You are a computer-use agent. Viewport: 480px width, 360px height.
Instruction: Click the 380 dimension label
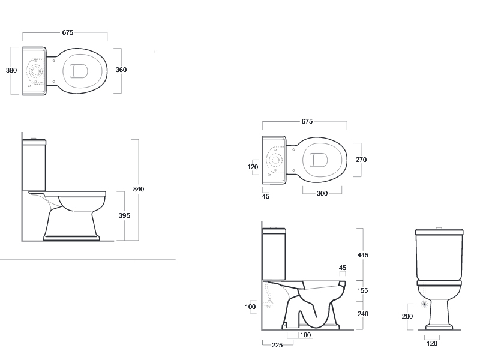[x=11, y=70]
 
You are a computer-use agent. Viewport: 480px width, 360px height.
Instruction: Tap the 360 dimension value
[x=121, y=70]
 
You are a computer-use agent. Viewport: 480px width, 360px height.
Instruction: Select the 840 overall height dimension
[x=139, y=189]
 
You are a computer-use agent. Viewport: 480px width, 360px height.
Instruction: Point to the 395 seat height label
[x=125, y=215]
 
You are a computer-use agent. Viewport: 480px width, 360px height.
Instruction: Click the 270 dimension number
[x=361, y=160]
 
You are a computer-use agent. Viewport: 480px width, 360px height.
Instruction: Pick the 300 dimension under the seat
[x=322, y=193]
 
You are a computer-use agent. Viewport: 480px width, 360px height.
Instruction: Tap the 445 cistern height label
[x=363, y=255]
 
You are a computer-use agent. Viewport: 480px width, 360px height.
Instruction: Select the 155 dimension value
[x=362, y=290]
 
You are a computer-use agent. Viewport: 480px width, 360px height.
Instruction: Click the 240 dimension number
[x=363, y=314]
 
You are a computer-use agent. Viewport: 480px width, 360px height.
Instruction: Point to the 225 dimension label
[x=277, y=346]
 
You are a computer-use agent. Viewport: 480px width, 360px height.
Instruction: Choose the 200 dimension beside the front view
[x=407, y=317]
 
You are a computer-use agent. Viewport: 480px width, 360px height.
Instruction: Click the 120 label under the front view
[x=432, y=343]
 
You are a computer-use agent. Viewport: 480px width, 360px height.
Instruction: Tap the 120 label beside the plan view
[x=253, y=167]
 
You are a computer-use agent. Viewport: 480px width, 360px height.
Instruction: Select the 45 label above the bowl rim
[x=343, y=268]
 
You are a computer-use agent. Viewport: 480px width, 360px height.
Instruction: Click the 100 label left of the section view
[x=250, y=307]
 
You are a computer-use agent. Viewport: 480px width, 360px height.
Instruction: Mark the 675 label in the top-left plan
[x=68, y=32]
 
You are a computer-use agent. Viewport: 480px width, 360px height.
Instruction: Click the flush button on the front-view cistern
[x=439, y=228]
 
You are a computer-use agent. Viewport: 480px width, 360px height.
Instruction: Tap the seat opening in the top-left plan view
[x=82, y=71]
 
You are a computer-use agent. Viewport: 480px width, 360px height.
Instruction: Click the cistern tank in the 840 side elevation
[x=34, y=166]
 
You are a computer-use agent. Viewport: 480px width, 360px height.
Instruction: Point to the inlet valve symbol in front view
[x=424, y=304]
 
